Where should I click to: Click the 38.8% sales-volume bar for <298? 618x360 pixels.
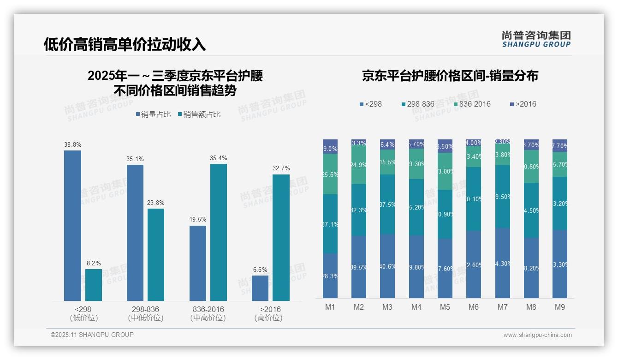tap(72, 226)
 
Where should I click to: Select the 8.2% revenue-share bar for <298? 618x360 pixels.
tap(94, 285)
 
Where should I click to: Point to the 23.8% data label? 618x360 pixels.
tap(156, 203)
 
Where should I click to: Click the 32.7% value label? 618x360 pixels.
tap(281, 168)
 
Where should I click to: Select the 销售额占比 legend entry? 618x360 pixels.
tap(199, 114)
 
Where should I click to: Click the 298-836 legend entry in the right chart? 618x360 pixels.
tap(418, 104)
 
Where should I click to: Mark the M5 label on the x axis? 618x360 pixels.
tap(445, 307)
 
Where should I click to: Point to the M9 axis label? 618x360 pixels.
tap(559, 307)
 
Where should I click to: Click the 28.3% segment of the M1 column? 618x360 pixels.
tap(330, 276)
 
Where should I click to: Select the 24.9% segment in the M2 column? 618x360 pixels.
tap(359, 165)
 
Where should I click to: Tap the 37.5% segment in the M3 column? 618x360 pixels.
tap(387, 204)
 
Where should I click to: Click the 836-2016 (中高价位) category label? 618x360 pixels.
tap(208, 313)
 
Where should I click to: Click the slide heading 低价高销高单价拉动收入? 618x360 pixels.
tap(125, 44)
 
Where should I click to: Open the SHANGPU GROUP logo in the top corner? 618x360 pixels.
tap(536, 39)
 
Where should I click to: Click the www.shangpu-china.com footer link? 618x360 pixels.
tap(537, 335)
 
